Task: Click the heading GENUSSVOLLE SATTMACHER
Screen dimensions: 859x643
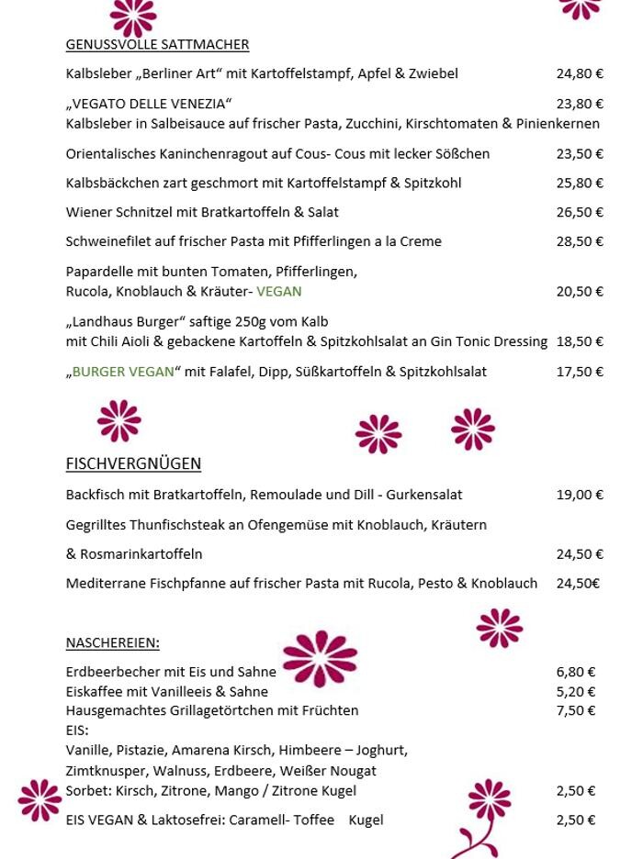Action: (x=157, y=44)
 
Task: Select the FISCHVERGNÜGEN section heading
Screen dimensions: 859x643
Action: (x=133, y=463)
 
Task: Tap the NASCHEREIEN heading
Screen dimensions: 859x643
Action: (x=112, y=642)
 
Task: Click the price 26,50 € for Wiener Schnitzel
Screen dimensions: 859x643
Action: (x=580, y=212)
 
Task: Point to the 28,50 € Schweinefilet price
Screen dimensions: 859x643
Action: (x=580, y=241)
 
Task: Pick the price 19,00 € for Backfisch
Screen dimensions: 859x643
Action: (x=580, y=495)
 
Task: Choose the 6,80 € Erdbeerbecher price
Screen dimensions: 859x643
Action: (x=576, y=672)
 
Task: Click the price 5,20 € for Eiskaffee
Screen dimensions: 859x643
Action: (x=576, y=692)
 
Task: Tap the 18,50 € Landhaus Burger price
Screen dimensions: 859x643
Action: (x=580, y=341)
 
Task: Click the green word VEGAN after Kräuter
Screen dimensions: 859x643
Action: (x=279, y=292)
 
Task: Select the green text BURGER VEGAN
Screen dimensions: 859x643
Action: (x=123, y=372)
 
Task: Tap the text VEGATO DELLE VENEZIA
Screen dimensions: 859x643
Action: (x=149, y=104)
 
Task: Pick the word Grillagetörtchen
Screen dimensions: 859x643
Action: (x=223, y=710)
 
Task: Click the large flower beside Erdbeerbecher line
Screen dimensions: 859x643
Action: (x=320, y=658)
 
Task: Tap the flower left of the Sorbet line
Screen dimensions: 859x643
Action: (x=39, y=799)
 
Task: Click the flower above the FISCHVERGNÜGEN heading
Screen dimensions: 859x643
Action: (x=119, y=421)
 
